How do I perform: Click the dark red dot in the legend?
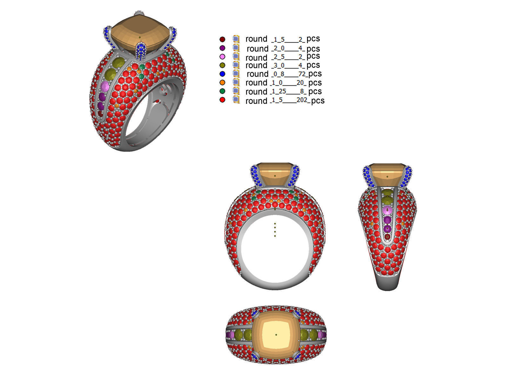222,39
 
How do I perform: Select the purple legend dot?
222,48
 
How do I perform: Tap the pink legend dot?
222,57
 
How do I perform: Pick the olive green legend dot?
222,65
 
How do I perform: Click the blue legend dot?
222,74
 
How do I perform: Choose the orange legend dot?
222,83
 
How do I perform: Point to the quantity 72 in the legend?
302,74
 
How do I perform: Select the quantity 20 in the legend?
300,83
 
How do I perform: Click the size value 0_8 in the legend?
278,74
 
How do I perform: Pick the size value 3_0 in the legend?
278,66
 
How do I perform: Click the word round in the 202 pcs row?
256,101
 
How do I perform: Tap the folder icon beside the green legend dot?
236,91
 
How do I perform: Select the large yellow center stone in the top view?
276,335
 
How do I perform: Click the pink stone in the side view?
387,210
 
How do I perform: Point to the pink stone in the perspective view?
105,86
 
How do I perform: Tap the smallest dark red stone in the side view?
387,237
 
